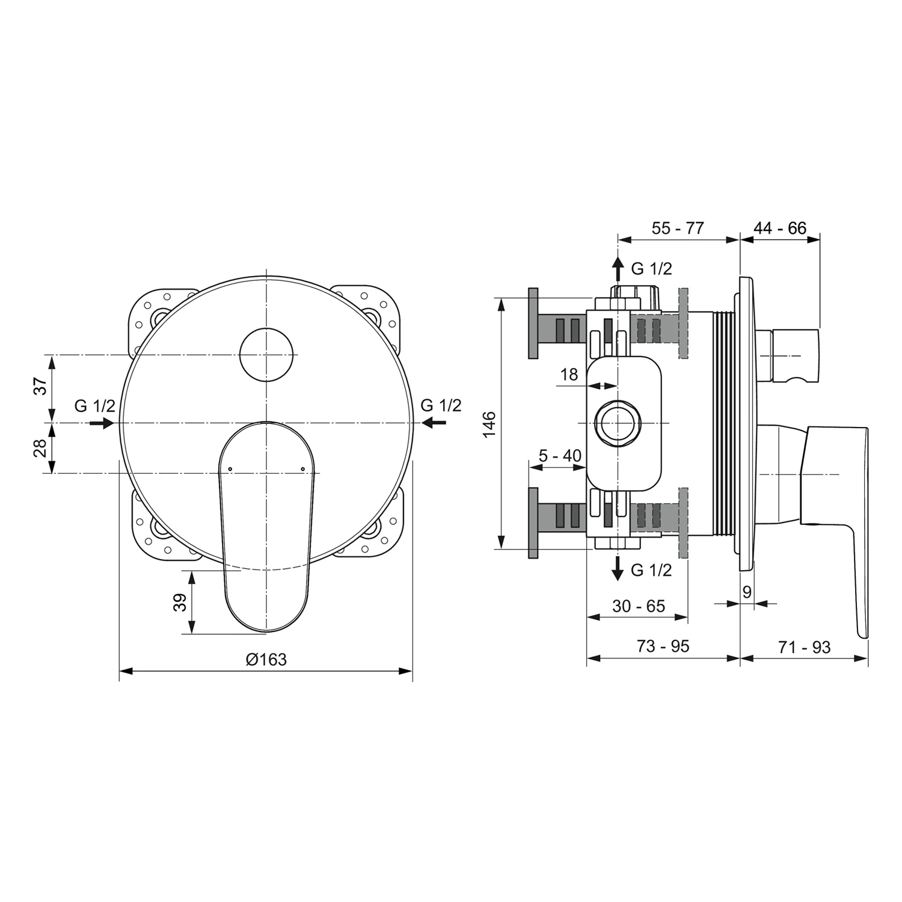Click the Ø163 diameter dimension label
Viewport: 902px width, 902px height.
[x=266, y=660]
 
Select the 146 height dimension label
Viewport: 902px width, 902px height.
[x=489, y=423]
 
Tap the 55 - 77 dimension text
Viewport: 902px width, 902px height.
[x=678, y=229]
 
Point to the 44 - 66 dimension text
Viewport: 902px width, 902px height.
[x=780, y=229]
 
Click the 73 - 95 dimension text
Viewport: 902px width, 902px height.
[x=663, y=646]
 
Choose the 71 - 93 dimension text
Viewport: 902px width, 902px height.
[x=804, y=647]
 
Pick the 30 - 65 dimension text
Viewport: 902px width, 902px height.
[x=639, y=606]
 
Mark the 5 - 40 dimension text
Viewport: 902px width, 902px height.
[x=560, y=456]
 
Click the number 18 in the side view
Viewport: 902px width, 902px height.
[x=569, y=375]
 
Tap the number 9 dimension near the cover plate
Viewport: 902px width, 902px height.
[x=747, y=592]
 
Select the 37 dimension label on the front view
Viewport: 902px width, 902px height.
[x=40, y=386]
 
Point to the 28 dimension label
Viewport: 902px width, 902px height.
[x=40, y=448]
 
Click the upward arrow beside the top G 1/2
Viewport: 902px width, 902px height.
[x=618, y=268]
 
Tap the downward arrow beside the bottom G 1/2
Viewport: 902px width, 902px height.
[x=618, y=569]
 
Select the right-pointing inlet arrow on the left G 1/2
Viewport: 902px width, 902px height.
[x=102, y=423]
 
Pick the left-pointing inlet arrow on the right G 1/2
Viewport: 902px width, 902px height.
[x=434, y=423]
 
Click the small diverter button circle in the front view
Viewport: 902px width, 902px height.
[x=266, y=355]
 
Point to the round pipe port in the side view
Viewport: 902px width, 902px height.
[x=618, y=423]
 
